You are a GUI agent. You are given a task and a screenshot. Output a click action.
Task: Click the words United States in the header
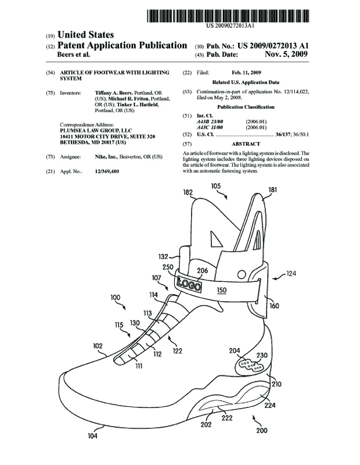point(85,35)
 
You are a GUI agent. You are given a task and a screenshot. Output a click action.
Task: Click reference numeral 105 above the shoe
point(215,185)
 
